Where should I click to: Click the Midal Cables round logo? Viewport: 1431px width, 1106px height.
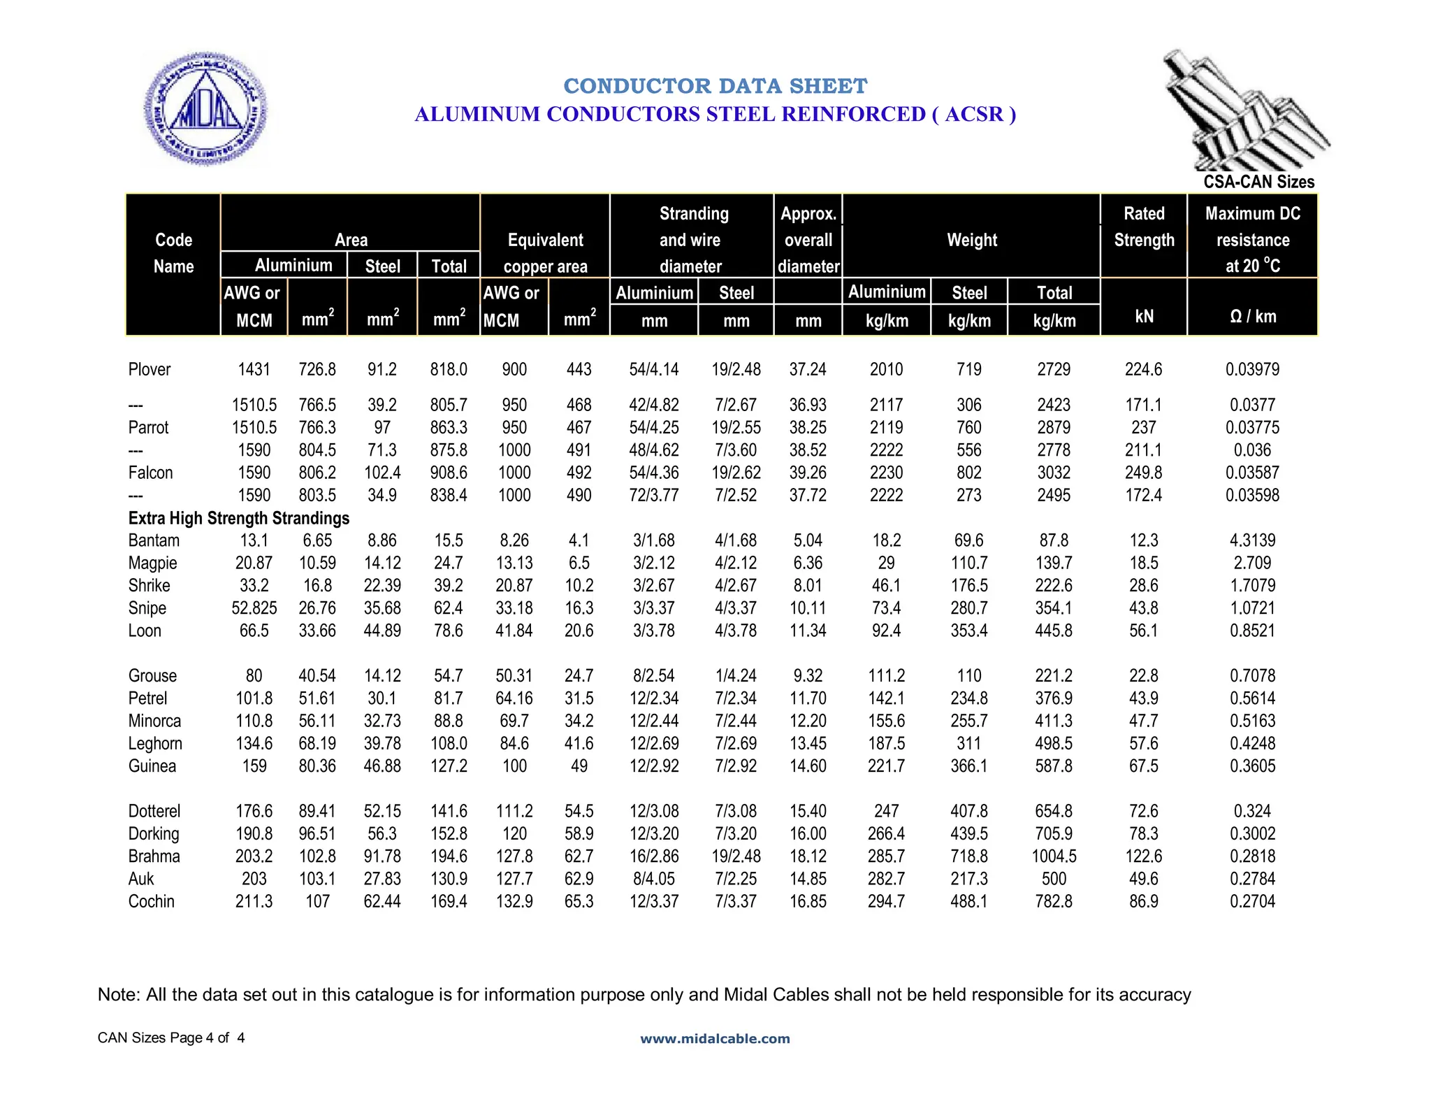[205, 108]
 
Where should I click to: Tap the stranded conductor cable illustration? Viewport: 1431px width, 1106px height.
[1244, 108]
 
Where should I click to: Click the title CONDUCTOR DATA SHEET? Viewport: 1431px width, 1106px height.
[715, 86]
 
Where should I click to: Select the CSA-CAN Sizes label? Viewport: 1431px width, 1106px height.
[1258, 182]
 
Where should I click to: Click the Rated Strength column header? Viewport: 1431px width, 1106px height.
[1144, 227]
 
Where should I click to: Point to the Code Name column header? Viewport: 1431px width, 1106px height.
[173, 253]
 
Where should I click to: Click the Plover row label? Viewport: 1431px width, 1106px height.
[150, 369]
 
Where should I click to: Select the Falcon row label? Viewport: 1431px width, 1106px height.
[150, 473]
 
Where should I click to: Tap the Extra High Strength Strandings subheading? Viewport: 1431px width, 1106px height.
[239, 518]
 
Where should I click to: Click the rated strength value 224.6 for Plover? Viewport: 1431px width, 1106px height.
[1143, 369]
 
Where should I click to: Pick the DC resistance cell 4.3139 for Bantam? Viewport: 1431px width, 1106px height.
[1252, 540]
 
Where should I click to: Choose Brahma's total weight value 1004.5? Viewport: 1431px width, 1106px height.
[1054, 856]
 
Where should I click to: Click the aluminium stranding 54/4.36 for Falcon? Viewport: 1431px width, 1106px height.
[654, 473]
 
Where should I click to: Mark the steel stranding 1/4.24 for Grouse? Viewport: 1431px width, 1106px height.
[736, 676]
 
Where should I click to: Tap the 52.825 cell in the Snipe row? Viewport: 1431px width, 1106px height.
[254, 608]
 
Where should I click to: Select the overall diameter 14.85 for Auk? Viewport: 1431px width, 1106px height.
[808, 879]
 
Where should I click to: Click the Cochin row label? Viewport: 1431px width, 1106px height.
[151, 901]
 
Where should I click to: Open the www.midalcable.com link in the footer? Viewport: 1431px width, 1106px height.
[715, 1039]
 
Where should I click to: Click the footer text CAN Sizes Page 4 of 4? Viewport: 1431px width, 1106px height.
[171, 1037]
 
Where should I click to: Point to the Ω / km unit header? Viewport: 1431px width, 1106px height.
[1252, 317]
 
